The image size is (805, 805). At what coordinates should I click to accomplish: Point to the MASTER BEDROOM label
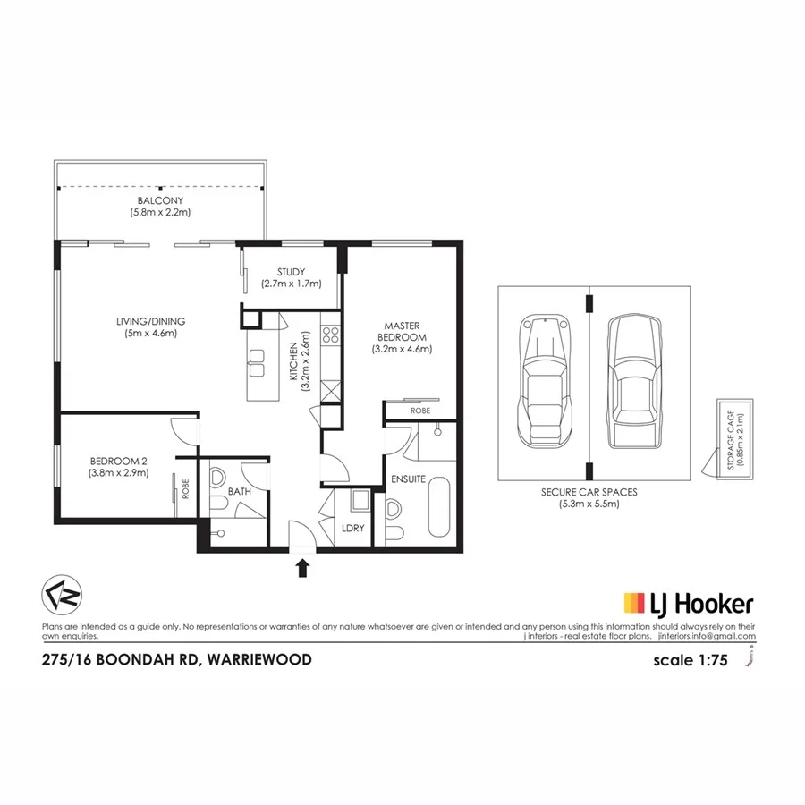402,337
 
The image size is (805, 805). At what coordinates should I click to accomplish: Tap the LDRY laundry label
353,528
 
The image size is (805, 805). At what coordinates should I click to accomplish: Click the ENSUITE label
408,479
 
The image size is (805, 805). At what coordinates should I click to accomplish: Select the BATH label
239,492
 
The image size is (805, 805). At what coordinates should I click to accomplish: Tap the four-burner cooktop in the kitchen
330,336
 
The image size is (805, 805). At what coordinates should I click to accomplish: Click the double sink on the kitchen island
257,361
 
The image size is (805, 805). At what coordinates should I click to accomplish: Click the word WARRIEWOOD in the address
259,660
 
